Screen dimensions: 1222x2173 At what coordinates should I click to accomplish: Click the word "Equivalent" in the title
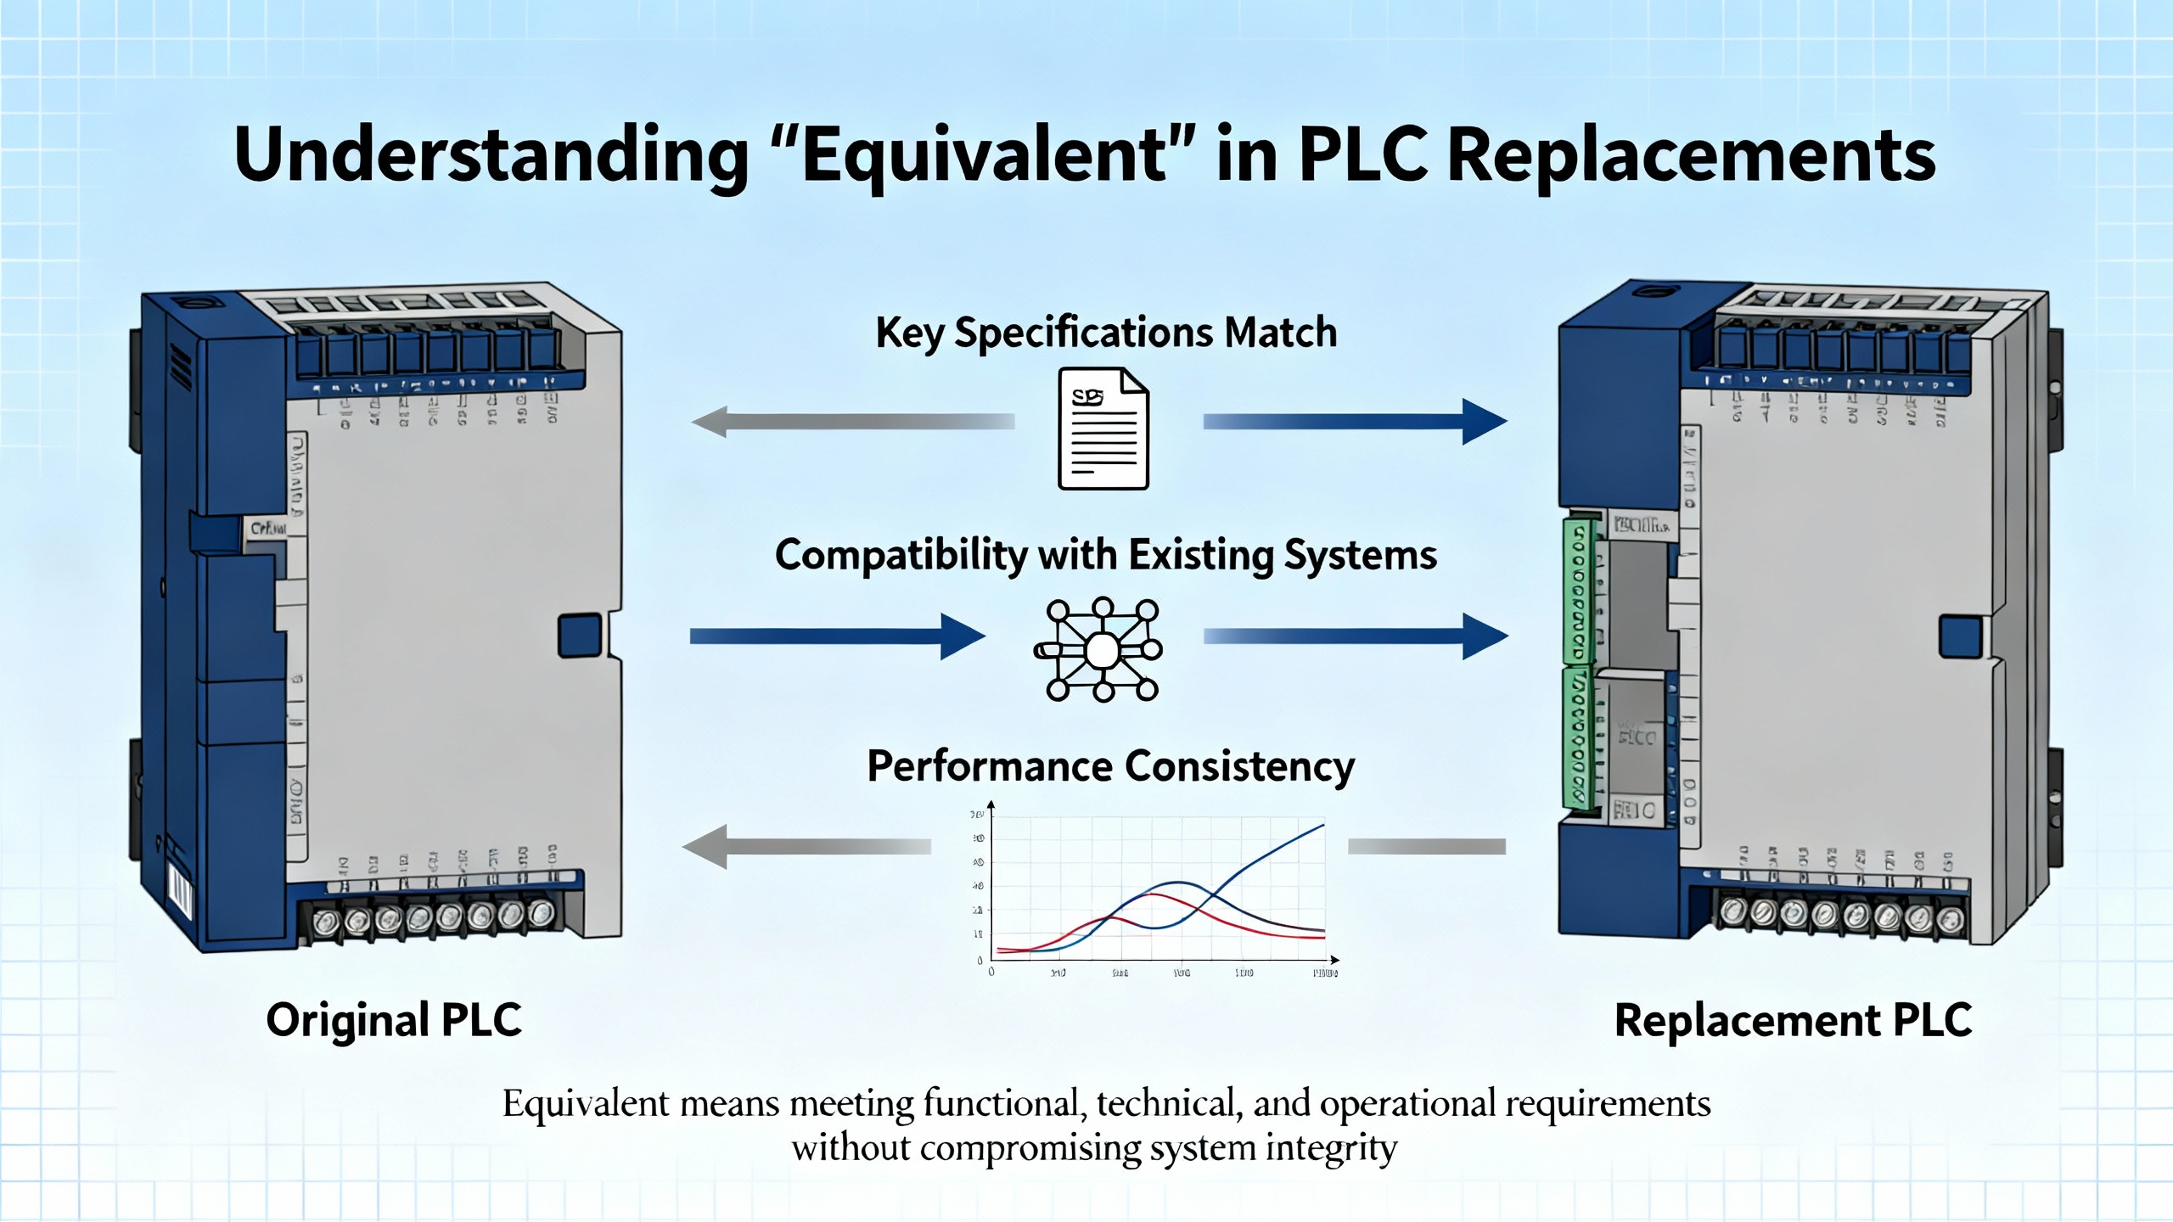tap(985, 154)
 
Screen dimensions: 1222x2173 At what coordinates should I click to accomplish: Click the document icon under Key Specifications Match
tap(1103, 429)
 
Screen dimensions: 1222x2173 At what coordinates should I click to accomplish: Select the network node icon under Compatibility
tap(1101, 650)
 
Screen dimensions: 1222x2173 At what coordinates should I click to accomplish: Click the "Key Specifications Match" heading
tap(1106, 333)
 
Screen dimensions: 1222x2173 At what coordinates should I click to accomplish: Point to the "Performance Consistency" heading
tap(1110, 766)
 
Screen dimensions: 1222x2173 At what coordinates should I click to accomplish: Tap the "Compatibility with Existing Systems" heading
tap(1105, 556)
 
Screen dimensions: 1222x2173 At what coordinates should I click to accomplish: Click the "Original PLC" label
tap(394, 1020)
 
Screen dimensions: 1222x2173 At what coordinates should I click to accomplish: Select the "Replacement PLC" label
tap(1793, 1020)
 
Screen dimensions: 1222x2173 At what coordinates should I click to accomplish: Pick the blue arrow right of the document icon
tap(1355, 421)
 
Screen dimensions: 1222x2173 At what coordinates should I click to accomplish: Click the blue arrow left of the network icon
tap(837, 636)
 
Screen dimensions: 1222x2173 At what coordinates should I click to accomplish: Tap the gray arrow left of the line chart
tap(806, 846)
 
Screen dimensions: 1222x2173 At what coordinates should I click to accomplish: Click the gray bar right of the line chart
tap(1427, 846)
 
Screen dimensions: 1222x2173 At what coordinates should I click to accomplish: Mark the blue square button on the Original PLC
tap(580, 636)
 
